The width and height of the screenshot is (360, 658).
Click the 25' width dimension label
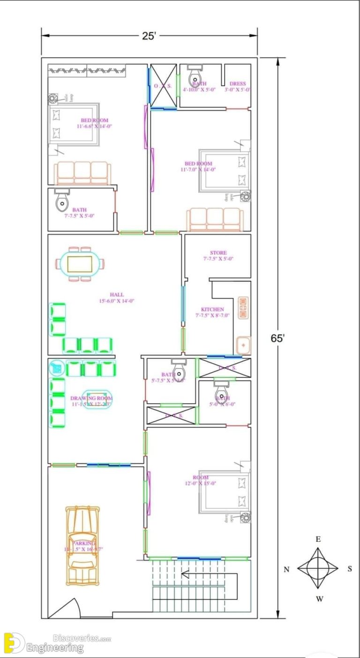(149, 36)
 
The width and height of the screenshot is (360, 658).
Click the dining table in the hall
(80, 264)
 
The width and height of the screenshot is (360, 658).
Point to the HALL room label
(117, 295)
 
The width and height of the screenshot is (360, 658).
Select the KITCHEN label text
(212, 310)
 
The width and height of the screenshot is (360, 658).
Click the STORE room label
(218, 253)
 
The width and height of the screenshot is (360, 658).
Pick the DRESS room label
(237, 84)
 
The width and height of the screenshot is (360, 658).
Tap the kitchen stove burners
(244, 308)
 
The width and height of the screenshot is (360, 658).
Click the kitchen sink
(243, 345)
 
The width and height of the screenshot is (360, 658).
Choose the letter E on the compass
(318, 539)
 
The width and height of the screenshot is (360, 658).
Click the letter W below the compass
(318, 598)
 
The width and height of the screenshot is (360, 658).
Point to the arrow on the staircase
(186, 574)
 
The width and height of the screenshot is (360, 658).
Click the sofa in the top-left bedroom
(82, 173)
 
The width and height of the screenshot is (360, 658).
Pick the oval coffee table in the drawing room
(97, 400)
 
